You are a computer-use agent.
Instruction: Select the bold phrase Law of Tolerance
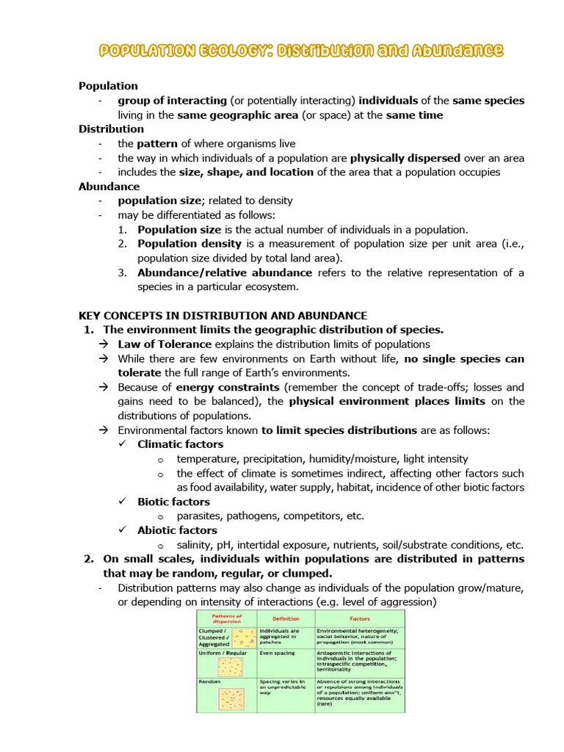point(164,344)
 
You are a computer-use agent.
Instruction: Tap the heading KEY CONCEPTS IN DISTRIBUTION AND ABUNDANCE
point(223,315)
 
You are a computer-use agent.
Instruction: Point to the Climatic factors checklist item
point(180,444)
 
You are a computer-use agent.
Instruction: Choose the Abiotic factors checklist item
point(177,530)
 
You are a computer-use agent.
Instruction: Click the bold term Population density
point(189,244)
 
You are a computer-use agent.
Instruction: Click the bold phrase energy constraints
point(228,387)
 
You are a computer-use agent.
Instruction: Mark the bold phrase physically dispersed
point(405,158)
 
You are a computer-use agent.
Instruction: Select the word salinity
point(195,545)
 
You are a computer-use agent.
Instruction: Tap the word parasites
point(200,516)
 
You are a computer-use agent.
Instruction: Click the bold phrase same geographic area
point(242,115)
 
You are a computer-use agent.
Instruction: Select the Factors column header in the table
point(359,618)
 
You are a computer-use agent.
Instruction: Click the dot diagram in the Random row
point(231,698)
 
